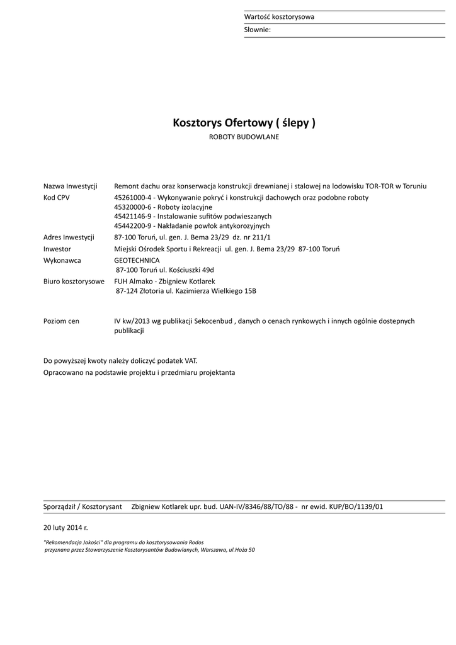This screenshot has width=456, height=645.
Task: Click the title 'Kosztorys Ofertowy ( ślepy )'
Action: click(244, 123)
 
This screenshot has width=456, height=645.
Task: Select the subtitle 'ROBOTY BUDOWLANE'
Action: click(244, 137)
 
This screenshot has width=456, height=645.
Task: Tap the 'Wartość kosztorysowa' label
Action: click(279, 17)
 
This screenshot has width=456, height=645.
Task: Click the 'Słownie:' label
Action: click(257, 30)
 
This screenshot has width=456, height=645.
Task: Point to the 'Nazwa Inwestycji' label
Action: click(70, 186)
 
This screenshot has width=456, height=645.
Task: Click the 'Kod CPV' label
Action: click(57, 198)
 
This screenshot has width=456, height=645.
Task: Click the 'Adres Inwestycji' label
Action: click(69, 237)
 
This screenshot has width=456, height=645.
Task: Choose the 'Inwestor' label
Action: click(57, 249)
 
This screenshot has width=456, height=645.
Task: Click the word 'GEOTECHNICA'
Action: click(137, 260)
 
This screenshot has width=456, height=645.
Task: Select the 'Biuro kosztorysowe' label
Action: click(74, 282)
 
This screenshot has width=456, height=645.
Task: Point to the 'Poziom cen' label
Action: click(61, 321)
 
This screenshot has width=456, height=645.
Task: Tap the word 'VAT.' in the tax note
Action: click(191, 361)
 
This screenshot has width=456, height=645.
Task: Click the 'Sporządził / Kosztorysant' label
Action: click(83, 506)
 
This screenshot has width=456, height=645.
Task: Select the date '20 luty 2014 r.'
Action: click(66, 526)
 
